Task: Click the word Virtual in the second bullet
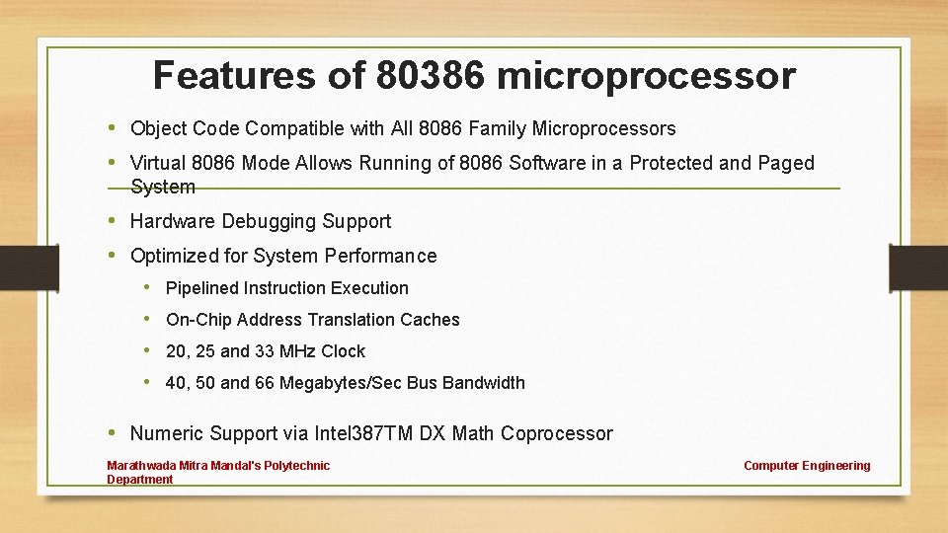pos(158,163)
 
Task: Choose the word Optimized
pos(175,256)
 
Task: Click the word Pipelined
pos(202,288)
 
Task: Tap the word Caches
pos(430,320)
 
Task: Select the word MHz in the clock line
pos(298,351)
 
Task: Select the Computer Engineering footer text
pos(807,466)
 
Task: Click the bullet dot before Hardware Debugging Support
pos(114,220)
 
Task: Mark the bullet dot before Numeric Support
pos(114,432)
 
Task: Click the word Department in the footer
pos(139,480)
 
